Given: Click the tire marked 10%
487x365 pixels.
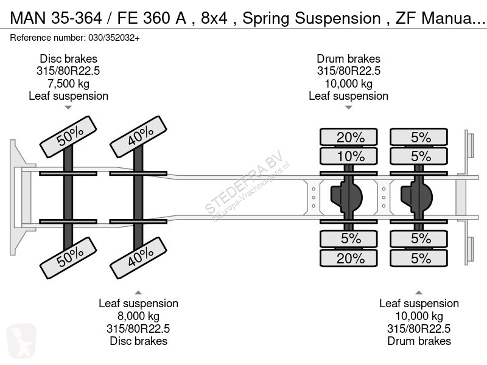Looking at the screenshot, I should coord(351,156).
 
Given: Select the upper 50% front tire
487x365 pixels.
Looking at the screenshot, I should coord(68,137).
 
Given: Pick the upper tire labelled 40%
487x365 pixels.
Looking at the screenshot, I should coord(138,137).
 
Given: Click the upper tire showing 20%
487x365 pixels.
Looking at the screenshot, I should coord(351,137).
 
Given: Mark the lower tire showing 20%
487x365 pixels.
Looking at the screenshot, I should coord(351,259).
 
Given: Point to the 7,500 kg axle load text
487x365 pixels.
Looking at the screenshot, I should coord(68,83).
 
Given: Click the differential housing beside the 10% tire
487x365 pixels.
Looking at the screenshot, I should coord(346,196).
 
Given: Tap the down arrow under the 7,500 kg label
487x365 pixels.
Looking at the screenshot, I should coord(68,108).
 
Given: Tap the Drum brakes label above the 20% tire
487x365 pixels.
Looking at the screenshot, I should coord(348,59).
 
